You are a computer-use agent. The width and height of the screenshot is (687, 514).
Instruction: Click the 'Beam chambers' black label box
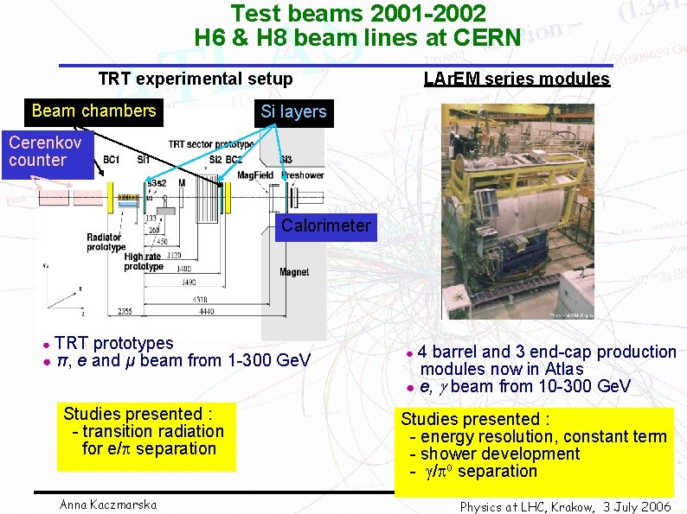pos(93,111)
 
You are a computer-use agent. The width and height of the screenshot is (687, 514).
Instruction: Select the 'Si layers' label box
pos(293,112)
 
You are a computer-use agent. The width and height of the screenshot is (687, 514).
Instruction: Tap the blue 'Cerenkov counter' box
pos(47,153)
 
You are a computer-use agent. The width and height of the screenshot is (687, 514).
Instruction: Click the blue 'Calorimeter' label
pos(324,227)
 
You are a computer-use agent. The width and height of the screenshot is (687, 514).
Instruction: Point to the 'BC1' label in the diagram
pos(112,160)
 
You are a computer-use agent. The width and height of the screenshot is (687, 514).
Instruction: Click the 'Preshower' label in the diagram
pos(302,175)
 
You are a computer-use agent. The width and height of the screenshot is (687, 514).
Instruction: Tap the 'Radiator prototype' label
pos(106,242)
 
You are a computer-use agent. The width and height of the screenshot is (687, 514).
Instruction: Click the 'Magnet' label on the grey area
pos(294,272)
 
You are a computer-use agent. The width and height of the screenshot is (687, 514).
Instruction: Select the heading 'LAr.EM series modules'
pos(517,79)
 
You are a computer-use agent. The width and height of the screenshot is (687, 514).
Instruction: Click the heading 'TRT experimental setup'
pos(196,79)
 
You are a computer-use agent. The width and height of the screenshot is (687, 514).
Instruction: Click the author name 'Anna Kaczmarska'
pos(109,504)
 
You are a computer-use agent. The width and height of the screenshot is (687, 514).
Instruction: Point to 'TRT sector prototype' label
pos(210,144)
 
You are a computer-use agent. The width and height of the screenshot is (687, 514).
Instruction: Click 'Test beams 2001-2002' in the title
pos(357,14)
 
